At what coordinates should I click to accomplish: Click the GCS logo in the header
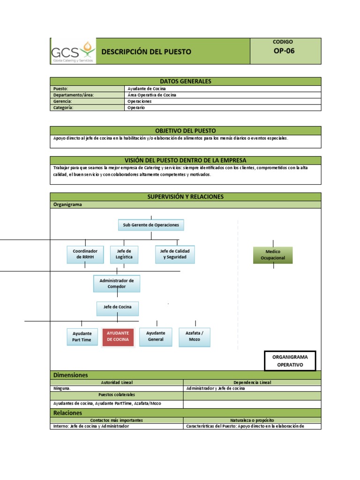(73, 51)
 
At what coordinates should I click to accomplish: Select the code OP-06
(284, 51)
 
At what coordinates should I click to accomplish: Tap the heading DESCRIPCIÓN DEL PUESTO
(146, 52)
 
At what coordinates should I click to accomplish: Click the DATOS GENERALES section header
(186, 81)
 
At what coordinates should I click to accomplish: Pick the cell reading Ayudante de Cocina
(147, 89)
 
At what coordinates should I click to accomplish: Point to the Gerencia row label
(62, 101)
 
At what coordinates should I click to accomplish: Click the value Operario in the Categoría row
(136, 107)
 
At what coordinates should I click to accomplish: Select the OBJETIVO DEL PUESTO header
(186, 131)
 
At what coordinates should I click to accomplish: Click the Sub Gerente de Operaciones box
(151, 225)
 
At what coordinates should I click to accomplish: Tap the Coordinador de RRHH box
(85, 254)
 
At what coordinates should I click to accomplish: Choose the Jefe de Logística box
(124, 254)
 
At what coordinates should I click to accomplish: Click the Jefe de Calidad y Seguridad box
(175, 254)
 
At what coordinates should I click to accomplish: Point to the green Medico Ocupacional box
(273, 255)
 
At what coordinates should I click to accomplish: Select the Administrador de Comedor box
(117, 284)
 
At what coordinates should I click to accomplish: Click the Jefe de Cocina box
(118, 307)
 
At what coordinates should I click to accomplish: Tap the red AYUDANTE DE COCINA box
(118, 337)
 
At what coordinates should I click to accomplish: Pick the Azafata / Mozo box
(195, 337)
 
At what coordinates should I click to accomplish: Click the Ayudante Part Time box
(82, 337)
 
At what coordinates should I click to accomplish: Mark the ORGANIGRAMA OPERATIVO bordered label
(290, 360)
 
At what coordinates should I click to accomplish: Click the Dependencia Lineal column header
(252, 382)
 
